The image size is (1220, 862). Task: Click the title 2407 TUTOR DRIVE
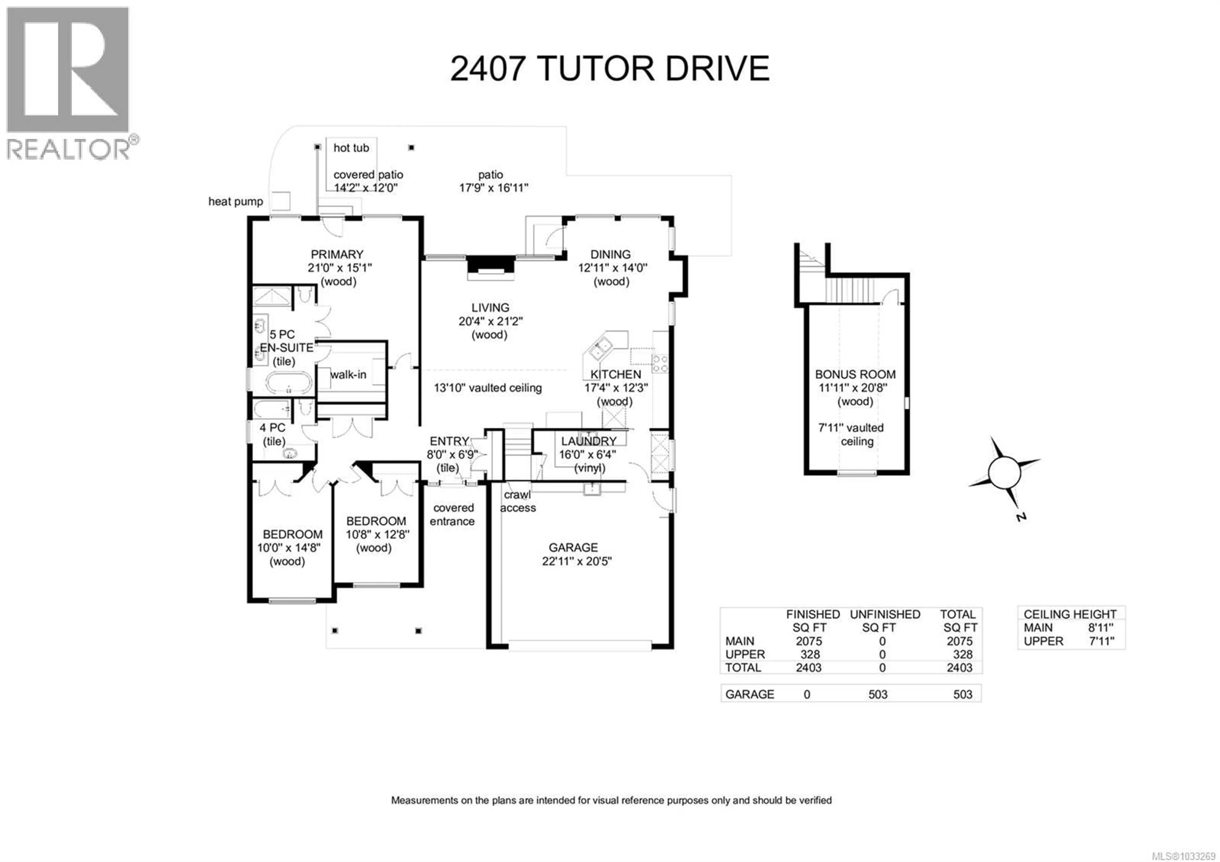[x=609, y=69]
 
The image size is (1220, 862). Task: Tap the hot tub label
[x=351, y=148]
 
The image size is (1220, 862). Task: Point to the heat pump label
[x=235, y=202]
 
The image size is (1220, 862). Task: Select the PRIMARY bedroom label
[x=337, y=255]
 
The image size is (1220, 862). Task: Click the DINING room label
[x=611, y=255]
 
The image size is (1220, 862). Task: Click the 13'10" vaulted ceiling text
[x=487, y=388]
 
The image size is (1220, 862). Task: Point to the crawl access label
[x=518, y=501]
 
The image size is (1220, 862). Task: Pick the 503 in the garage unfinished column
[x=878, y=694]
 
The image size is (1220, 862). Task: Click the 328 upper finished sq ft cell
[x=810, y=655]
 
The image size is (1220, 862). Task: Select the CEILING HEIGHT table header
[x=1070, y=614]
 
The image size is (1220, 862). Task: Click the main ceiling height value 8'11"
[x=1101, y=628]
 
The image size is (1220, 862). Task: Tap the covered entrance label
[x=453, y=515]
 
